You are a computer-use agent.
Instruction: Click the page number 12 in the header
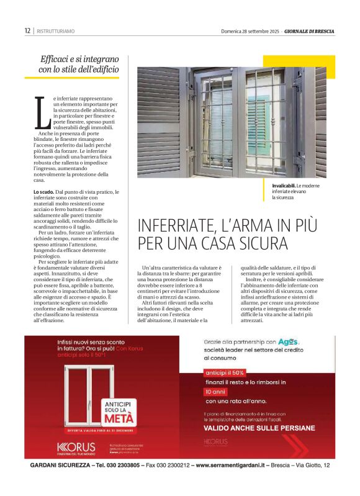tap(27, 30)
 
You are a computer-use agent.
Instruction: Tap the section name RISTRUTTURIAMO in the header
tap(56, 31)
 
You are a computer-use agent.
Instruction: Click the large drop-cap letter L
tap(42, 114)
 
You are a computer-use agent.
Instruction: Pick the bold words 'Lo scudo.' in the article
tap(45, 192)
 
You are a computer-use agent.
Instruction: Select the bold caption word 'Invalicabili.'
tap(283, 186)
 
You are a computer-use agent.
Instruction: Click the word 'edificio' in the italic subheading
tap(97, 70)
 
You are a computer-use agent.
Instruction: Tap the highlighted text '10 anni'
tap(215, 392)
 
